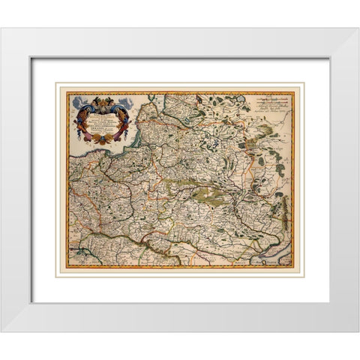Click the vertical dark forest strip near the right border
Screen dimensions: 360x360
coord(283,202)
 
